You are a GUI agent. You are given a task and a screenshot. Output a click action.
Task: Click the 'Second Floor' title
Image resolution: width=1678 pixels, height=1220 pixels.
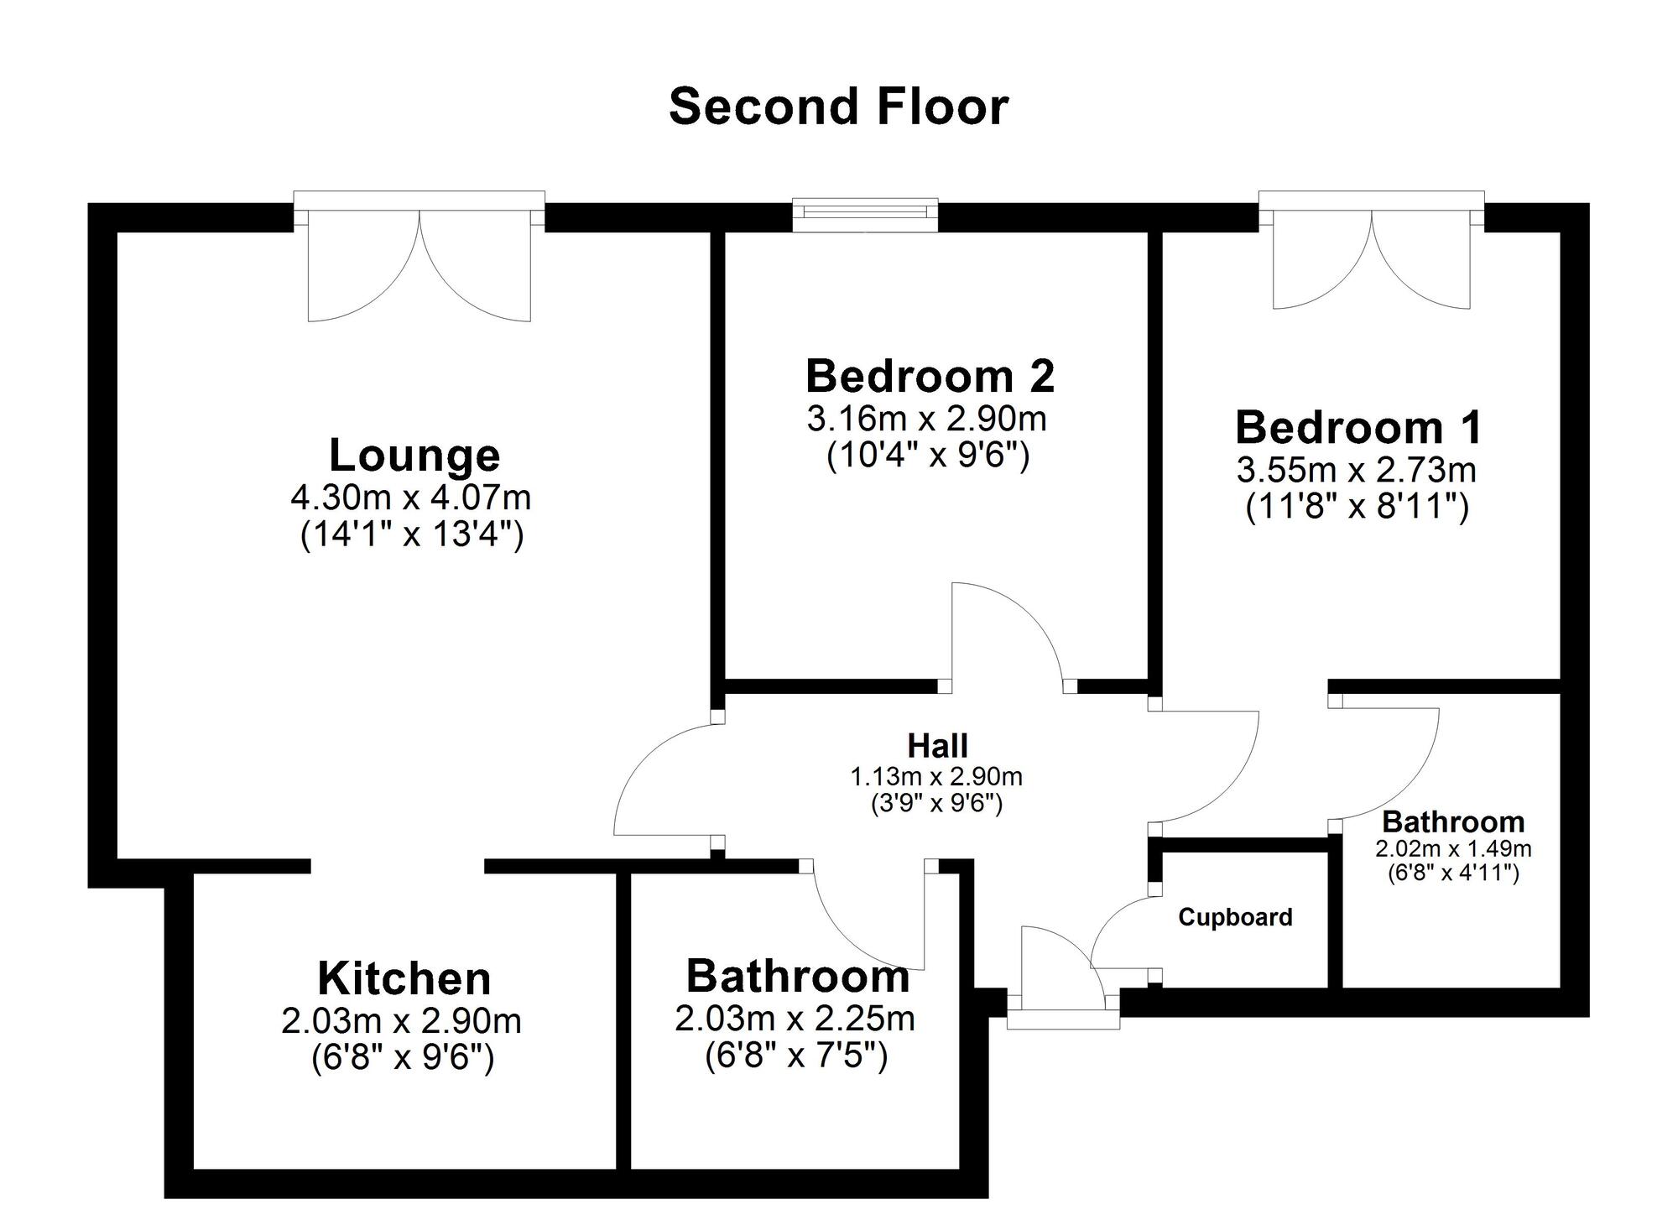(838, 107)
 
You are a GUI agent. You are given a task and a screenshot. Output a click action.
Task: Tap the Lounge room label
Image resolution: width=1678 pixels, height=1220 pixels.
(414, 456)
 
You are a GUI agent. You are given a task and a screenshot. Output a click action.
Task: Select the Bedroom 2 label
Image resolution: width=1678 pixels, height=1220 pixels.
(930, 376)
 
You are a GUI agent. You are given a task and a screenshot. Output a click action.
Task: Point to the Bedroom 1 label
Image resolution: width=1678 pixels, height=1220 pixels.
(1358, 427)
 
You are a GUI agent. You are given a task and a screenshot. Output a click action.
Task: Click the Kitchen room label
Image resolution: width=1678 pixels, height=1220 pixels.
(404, 978)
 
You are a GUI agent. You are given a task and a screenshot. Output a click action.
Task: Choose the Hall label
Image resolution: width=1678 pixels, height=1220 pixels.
(937, 745)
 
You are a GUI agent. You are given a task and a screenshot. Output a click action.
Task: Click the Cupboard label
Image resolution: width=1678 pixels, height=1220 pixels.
(1235, 917)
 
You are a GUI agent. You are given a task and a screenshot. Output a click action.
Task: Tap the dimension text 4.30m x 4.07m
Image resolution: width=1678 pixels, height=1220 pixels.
(411, 498)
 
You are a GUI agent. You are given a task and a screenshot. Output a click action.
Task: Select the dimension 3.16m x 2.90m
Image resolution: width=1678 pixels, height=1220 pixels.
(926, 418)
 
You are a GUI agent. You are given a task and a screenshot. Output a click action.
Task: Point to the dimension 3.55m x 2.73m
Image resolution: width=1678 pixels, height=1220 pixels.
(1356, 470)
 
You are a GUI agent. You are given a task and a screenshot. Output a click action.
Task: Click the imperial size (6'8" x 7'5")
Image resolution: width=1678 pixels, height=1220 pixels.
(796, 1056)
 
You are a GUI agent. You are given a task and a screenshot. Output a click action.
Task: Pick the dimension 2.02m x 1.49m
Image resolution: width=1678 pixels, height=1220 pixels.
(1453, 848)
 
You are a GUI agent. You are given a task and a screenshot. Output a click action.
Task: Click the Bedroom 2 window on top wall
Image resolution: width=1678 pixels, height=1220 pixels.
(865, 214)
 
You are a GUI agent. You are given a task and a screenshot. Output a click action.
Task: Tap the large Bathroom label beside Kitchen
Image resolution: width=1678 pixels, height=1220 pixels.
(797, 977)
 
